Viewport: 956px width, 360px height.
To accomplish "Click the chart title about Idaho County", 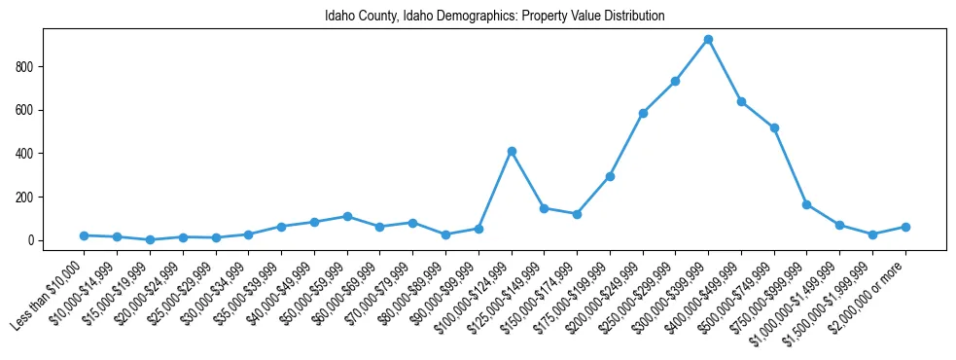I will click(495, 17).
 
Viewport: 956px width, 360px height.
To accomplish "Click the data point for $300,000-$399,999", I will click(708, 40).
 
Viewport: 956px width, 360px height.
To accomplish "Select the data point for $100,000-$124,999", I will click(512, 152).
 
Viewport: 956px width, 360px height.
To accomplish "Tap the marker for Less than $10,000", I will click(85, 235).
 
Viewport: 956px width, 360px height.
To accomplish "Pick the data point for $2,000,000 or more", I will click(905, 227).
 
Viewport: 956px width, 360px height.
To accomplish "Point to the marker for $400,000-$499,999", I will click(741, 101).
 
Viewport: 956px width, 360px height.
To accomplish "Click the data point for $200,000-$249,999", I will click(643, 113).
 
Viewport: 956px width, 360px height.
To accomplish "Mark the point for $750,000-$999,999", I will click(807, 204).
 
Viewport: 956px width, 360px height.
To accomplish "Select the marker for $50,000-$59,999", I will click(347, 217).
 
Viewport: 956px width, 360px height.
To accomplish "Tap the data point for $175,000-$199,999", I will click(610, 176).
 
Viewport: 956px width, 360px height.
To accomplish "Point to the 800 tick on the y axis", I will click(26, 67).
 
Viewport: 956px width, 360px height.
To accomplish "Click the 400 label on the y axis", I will click(26, 154).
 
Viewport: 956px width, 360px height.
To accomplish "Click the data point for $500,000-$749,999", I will click(774, 127).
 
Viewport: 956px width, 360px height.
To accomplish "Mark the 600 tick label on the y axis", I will click(26, 110).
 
